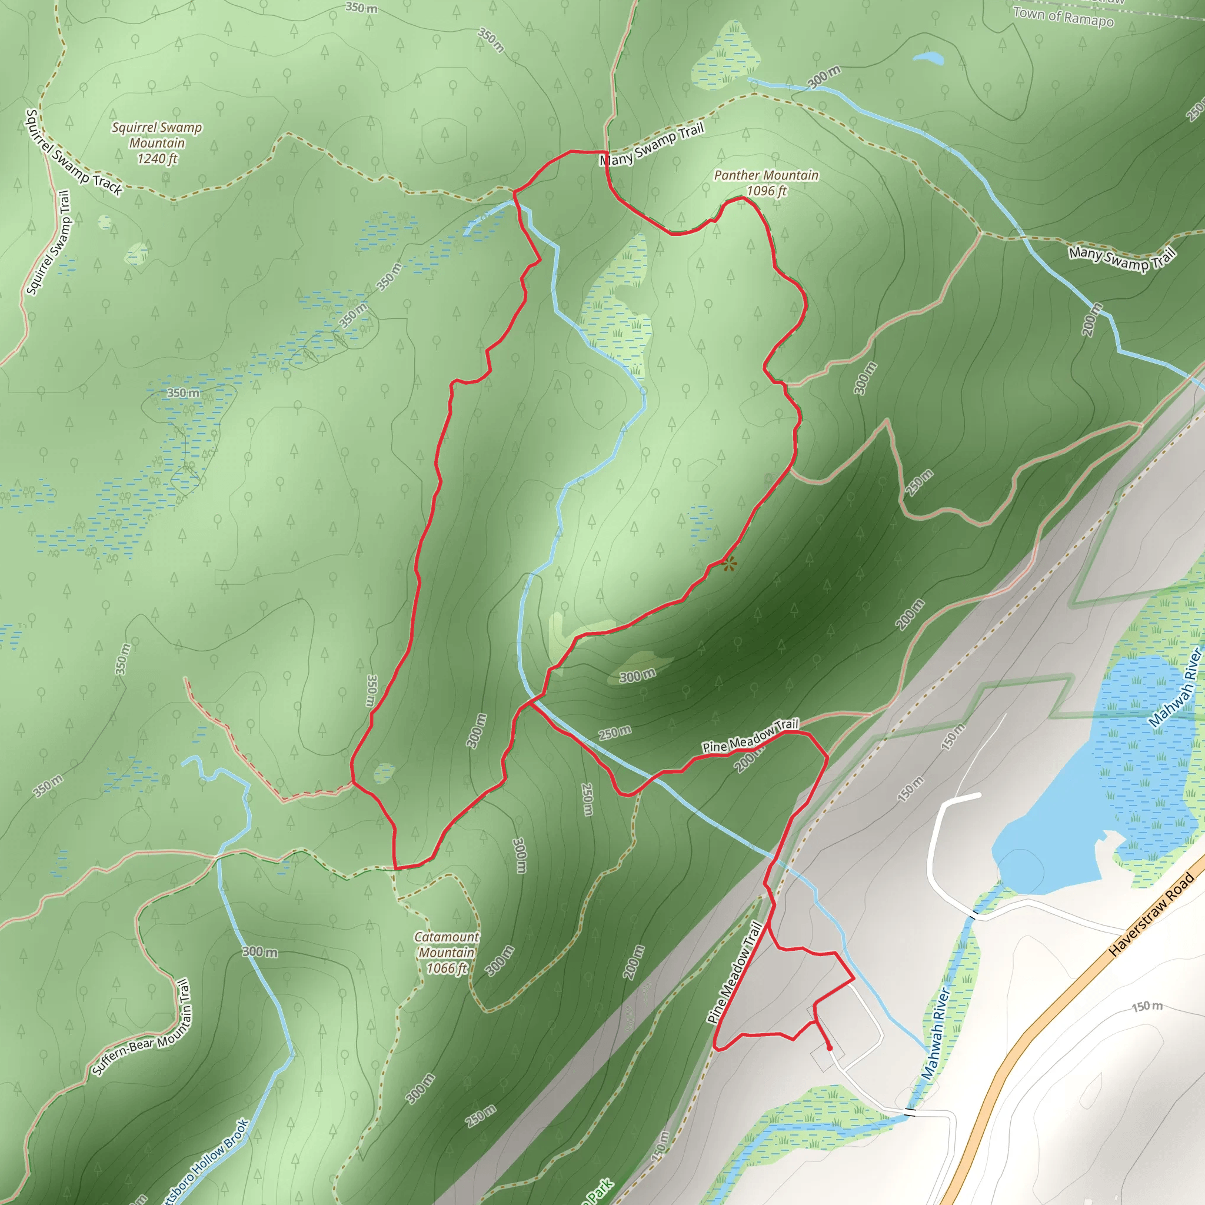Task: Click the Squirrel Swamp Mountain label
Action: [x=157, y=143]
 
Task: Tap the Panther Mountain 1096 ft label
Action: [x=766, y=183]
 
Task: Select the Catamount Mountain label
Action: [x=447, y=953]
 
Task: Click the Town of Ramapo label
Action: [x=1063, y=16]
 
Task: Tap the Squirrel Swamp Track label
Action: [x=74, y=153]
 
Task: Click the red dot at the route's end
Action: [x=829, y=1048]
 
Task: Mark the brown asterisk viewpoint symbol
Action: [x=729, y=564]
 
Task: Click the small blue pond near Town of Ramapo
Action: [x=928, y=59]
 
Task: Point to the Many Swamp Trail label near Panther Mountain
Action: [x=652, y=144]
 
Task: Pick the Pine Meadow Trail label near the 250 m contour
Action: [x=750, y=735]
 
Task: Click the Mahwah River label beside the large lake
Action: [x=1176, y=688]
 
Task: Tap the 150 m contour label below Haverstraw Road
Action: [x=1147, y=1006]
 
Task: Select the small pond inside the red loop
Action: [x=384, y=773]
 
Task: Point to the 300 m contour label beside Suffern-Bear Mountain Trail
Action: [x=259, y=953]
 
